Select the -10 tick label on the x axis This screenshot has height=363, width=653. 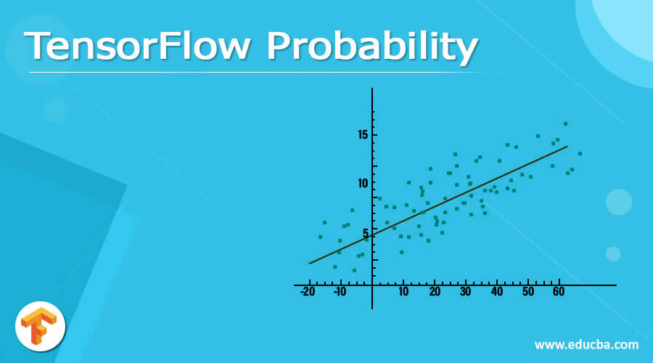pyautogui.click(x=340, y=292)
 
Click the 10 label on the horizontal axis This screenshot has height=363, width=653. pyautogui.click(x=403, y=292)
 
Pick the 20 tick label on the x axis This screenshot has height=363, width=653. pyautogui.click(x=435, y=292)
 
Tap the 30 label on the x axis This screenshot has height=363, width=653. pyautogui.click(x=466, y=292)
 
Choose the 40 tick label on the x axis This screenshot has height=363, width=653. pyautogui.click(x=497, y=292)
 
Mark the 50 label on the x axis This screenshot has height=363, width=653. pyautogui.click(x=527, y=292)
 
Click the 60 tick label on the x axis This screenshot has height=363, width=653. pyautogui.click(x=559, y=292)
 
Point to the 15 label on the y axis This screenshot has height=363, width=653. pyautogui.click(x=363, y=135)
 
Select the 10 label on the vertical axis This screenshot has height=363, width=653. pyautogui.click(x=363, y=183)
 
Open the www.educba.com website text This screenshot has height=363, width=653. pyautogui.click(x=586, y=344)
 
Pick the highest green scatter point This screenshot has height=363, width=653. pyautogui.click(x=565, y=123)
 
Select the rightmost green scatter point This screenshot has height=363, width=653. pyautogui.click(x=579, y=153)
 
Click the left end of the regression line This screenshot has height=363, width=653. pyautogui.click(x=310, y=264)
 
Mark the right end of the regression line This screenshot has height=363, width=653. pyautogui.click(x=567, y=147)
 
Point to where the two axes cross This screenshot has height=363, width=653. pyautogui.click(x=372, y=285)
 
